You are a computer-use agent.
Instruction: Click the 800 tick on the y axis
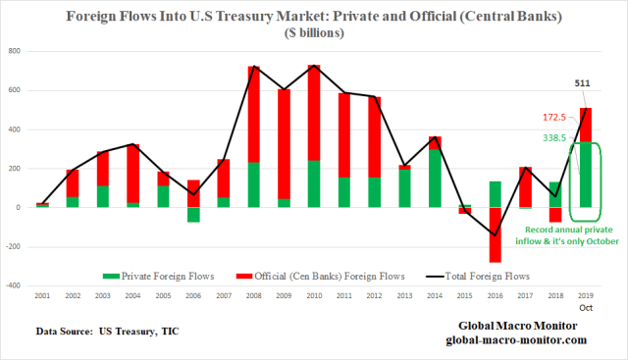click(16, 51)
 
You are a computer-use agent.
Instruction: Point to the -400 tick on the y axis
click(14, 285)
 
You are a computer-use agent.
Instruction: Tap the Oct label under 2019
click(586, 307)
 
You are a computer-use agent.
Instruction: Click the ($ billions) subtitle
click(314, 32)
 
